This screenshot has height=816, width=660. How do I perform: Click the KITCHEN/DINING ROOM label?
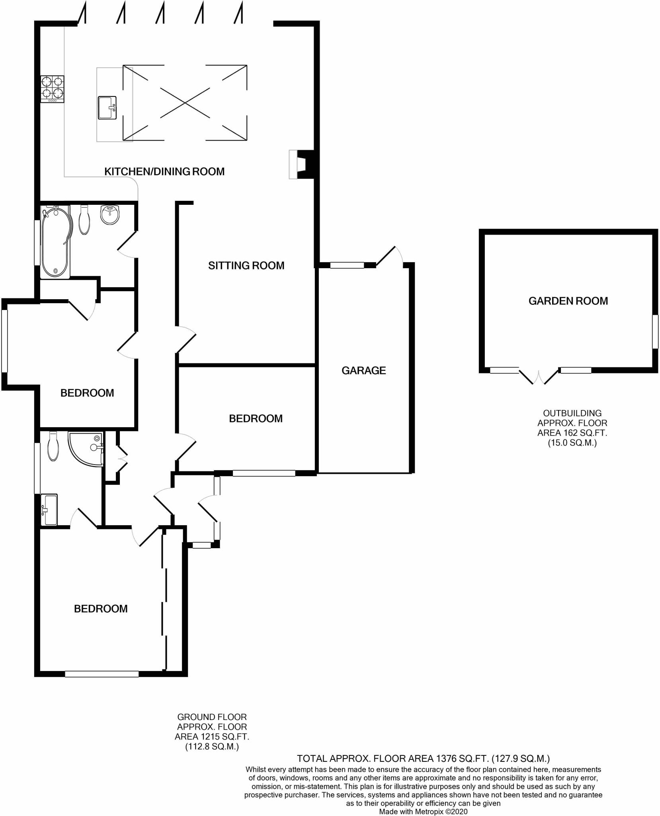164,172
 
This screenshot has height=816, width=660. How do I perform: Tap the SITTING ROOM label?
246,266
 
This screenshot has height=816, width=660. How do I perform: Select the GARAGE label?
363,371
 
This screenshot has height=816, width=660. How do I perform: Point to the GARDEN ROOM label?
568,301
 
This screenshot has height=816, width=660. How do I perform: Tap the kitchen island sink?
107,107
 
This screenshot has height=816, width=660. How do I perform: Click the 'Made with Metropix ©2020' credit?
423,811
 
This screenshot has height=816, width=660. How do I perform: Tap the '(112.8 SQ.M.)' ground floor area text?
212,747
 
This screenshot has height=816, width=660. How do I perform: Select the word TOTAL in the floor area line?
312,758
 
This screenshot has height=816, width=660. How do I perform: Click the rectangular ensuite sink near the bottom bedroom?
49,510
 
